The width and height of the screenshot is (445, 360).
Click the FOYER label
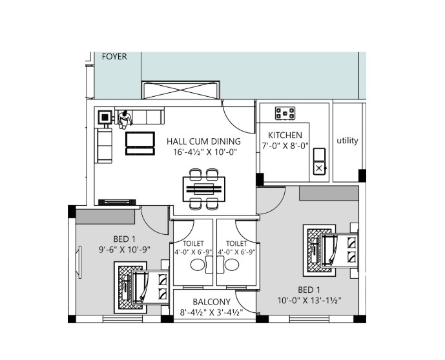114,57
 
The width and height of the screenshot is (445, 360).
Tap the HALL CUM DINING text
203,141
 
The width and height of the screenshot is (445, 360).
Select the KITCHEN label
285,135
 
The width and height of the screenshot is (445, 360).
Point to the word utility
347,141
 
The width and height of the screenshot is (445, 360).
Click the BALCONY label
211,301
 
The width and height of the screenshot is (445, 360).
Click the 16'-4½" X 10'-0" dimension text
205,152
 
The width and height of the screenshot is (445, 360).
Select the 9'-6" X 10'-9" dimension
124,250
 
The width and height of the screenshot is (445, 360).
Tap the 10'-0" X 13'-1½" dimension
309,301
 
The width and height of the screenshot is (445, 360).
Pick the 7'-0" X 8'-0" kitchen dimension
285,146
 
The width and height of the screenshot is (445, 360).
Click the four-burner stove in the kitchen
285,113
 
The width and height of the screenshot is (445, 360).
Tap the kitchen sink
319,161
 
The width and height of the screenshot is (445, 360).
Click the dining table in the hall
204,189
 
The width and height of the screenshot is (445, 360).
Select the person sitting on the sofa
125,119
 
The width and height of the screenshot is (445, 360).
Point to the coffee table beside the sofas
140,143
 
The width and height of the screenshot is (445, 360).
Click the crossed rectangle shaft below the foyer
180,90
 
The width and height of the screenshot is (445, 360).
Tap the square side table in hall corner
105,117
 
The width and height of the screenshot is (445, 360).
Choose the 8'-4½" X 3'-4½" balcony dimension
211,312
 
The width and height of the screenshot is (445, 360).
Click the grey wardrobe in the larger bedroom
329,194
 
